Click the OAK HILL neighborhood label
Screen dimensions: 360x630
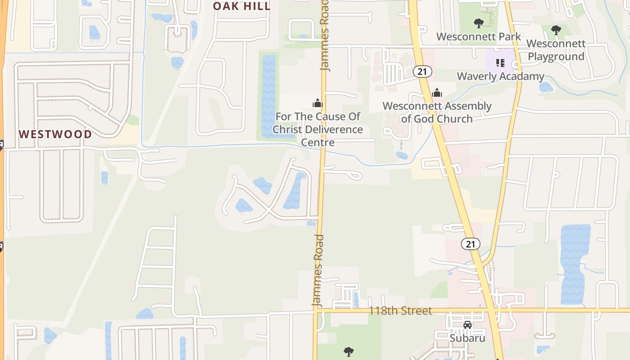(242, 6)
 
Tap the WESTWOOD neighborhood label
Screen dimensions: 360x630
(55, 134)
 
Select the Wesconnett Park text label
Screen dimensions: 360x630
(478, 37)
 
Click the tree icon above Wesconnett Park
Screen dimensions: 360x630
(478, 23)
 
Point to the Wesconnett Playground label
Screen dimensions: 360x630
(556, 50)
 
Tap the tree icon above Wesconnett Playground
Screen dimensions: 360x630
(556, 30)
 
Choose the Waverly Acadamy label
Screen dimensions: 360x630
(500, 76)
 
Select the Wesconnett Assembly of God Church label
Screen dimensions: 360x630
(437, 112)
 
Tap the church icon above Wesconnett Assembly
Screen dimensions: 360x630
(436, 93)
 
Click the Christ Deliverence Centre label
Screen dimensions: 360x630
(318, 130)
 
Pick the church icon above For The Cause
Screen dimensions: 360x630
(318, 103)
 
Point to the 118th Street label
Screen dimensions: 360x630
(400, 310)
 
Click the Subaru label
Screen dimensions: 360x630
(468, 337)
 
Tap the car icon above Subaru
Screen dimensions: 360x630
(468, 324)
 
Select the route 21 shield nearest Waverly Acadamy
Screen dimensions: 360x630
(422, 71)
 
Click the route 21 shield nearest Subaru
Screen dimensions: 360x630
(470, 244)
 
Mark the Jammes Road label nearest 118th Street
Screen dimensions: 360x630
(318, 271)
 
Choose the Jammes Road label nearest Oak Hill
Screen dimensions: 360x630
(325, 36)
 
